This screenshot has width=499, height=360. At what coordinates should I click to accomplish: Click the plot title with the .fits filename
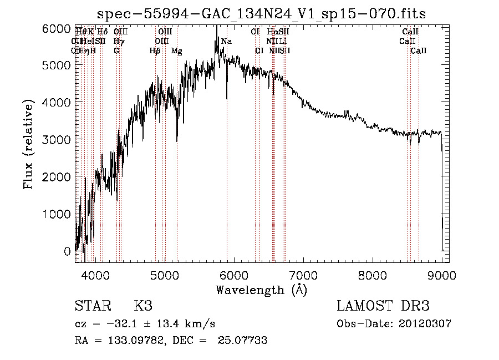pos(261,14)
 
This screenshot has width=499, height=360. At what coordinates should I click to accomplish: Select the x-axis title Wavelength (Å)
pos(261,290)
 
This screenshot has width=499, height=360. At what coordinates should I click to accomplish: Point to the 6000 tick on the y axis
pos(57,28)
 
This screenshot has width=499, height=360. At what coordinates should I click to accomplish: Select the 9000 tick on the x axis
pos(441,274)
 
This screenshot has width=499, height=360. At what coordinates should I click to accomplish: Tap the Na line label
pos(226,42)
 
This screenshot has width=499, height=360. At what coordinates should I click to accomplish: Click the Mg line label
pos(176,51)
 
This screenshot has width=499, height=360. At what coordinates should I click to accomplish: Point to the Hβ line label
pos(155,51)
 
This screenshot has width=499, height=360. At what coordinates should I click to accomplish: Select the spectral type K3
pos(142,306)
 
